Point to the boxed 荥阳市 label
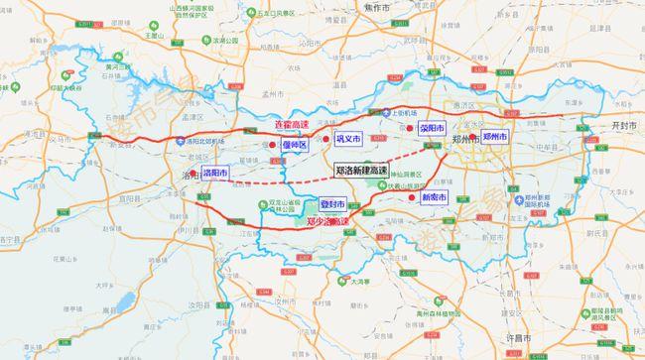[433, 129]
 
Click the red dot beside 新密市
[411, 197]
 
